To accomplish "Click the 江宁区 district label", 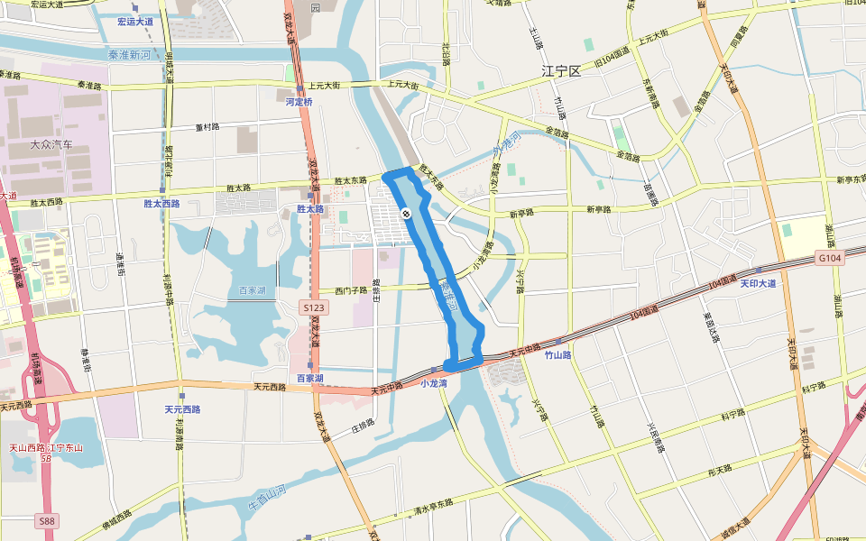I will (x=560, y=69).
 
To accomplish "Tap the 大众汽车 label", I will (x=51, y=144).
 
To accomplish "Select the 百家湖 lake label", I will (x=253, y=290).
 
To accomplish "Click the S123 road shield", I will (x=314, y=307).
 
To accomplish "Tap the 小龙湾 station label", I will (x=435, y=382).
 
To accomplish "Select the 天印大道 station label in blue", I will (x=758, y=283).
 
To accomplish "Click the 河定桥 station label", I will (x=299, y=102).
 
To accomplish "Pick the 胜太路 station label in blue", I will (x=309, y=208).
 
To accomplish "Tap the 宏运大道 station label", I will (x=135, y=21).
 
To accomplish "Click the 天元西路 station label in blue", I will (x=182, y=409).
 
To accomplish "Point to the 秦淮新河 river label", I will (x=129, y=55).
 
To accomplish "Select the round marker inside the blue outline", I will (x=407, y=214).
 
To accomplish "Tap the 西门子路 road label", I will (x=351, y=290).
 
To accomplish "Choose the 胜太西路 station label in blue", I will (x=162, y=204).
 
